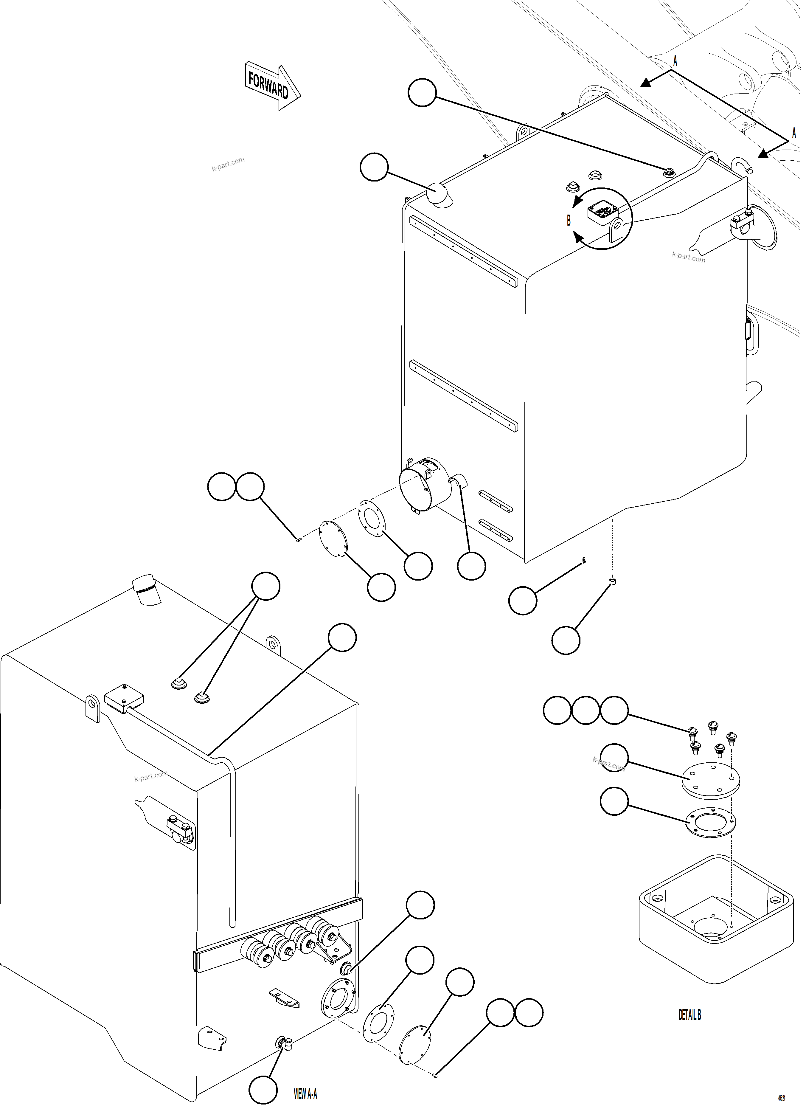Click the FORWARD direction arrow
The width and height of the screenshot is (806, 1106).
(x=272, y=86)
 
